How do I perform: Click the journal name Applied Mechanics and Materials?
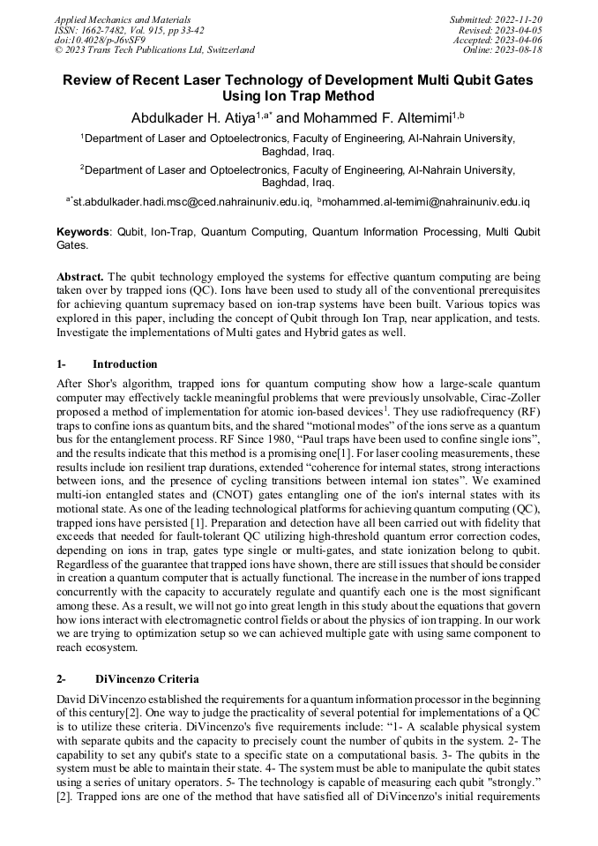pyautogui.click(x=122, y=19)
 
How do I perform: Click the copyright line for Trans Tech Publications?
pyautogui.click(x=154, y=50)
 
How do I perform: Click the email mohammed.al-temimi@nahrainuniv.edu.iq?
pyautogui.click(x=427, y=202)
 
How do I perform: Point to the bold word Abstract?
pyautogui.click(x=81, y=276)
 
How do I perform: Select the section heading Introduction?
pyautogui.click(x=124, y=364)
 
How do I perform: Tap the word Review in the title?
pyautogui.click(x=90, y=80)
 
